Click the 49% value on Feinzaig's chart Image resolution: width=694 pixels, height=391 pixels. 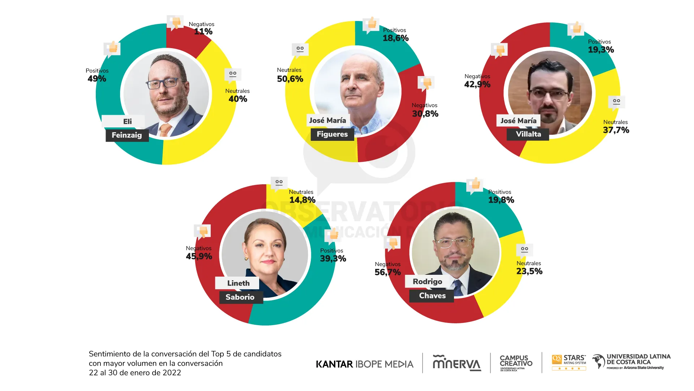coord(97,79)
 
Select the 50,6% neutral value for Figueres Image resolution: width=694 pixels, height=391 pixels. coord(290,79)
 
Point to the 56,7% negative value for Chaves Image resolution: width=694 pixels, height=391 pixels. coord(387,272)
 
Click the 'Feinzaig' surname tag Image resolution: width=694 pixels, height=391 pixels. coord(127,135)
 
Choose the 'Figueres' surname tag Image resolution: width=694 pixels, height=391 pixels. coord(332,134)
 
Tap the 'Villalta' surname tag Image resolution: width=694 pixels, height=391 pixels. coord(528,134)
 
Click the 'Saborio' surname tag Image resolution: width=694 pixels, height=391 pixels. coord(240,297)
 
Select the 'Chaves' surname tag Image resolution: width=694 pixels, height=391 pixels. coord(432,296)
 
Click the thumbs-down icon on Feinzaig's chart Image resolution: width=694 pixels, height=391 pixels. coord(175,23)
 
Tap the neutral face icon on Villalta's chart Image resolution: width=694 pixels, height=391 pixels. coord(616,102)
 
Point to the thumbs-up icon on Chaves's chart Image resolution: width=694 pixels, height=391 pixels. coord(475,185)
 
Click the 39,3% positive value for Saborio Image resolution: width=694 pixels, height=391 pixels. coord(333,258)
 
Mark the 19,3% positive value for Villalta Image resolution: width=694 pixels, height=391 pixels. coord(601,50)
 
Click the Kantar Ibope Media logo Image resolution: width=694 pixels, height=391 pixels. coord(364,364)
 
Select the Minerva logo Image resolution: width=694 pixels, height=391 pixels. coord(457,363)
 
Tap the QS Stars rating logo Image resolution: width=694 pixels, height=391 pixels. coord(569,362)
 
